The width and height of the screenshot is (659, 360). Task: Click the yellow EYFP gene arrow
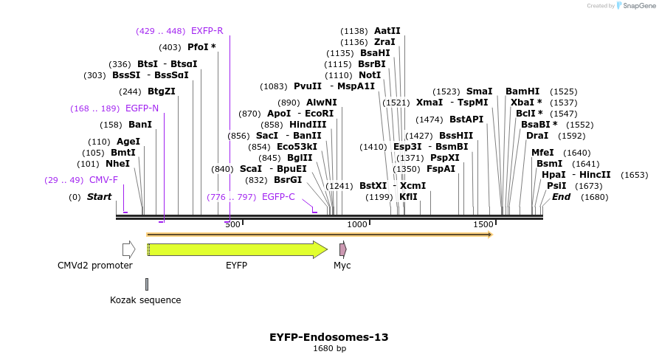coord(236,249)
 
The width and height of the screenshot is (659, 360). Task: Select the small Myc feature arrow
coord(342,249)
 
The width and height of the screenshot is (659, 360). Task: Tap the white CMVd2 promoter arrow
coord(128,249)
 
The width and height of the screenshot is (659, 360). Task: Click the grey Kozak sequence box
coord(147,284)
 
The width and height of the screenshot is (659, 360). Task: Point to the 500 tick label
coord(232,224)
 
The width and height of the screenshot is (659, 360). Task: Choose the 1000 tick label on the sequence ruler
coord(357,224)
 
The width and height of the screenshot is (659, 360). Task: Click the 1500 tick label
coord(483,224)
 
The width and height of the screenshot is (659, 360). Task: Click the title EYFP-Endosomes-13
coord(329,337)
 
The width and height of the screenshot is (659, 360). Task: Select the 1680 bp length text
coord(329,348)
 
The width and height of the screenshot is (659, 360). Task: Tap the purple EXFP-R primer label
coord(207,31)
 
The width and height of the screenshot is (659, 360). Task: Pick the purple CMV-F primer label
coord(103,180)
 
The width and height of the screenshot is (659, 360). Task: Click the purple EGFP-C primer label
coord(278,197)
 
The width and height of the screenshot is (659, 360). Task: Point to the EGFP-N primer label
coord(142,108)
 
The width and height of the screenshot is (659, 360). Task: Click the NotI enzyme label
coord(370,75)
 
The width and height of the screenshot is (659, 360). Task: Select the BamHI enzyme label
coord(522,91)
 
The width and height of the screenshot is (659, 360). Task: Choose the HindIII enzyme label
coord(308,125)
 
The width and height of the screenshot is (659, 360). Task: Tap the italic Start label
coord(99,197)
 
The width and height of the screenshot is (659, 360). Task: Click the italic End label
coord(561,197)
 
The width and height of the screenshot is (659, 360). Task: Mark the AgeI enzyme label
coord(128,142)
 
